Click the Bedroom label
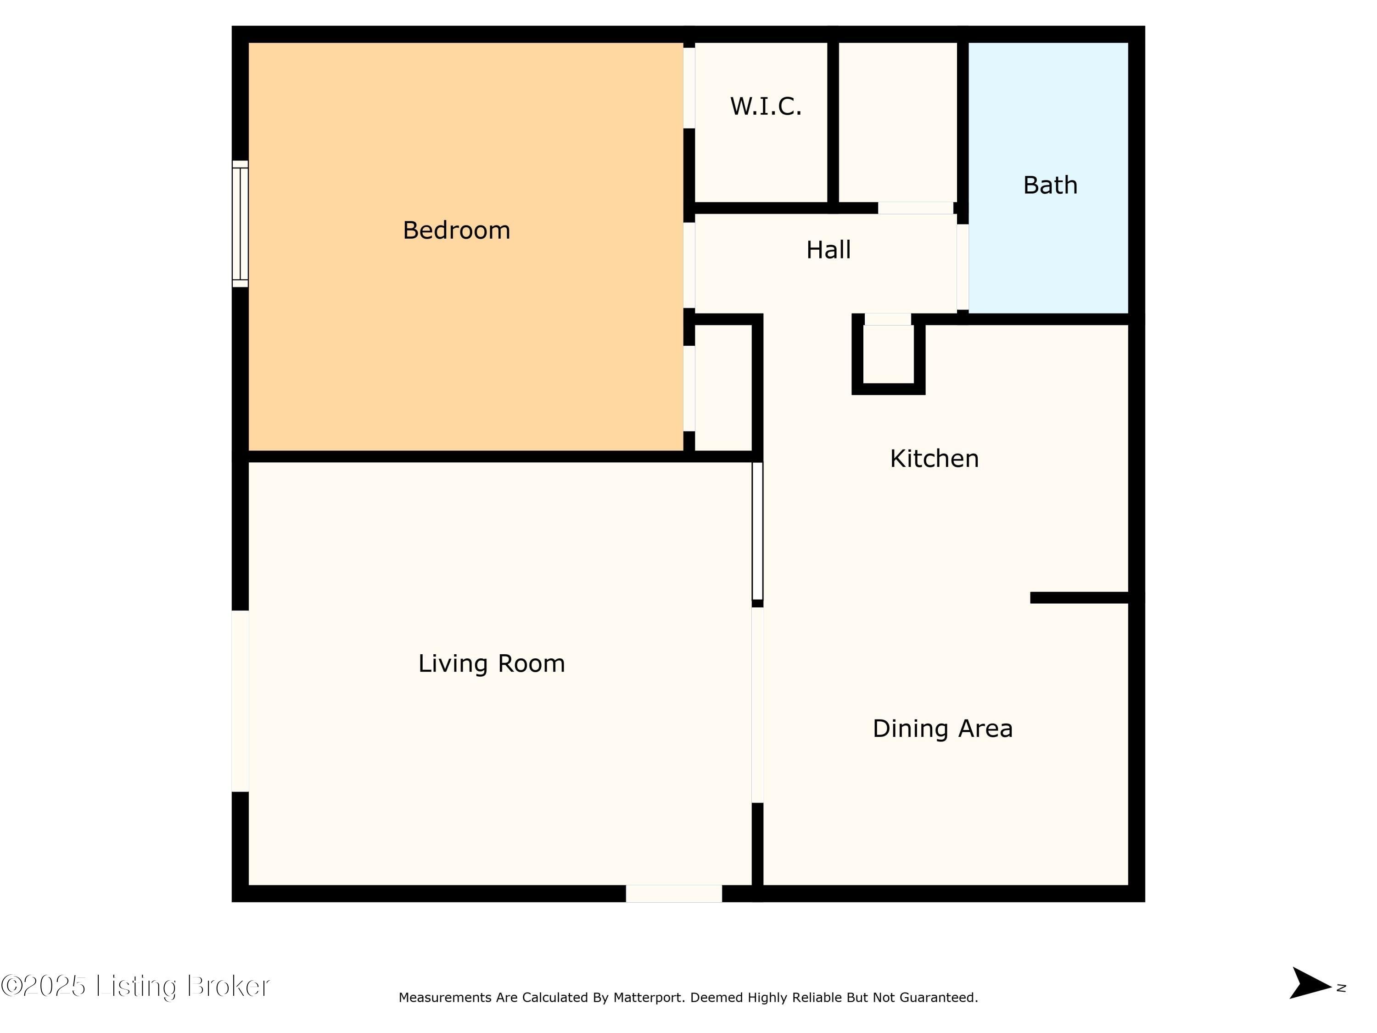(456, 231)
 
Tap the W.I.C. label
(766, 107)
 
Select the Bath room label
(1050, 185)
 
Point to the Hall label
(828, 250)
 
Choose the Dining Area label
(942, 729)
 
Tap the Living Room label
(491, 664)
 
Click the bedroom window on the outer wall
(241, 224)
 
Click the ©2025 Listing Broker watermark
(135, 986)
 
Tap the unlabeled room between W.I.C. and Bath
(898, 122)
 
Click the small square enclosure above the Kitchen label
(888, 354)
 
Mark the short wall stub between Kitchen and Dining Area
(1080, 598)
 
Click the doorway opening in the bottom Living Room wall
(673, 893)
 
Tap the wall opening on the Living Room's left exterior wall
(241, 701)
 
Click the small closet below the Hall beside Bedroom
(723, 387)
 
